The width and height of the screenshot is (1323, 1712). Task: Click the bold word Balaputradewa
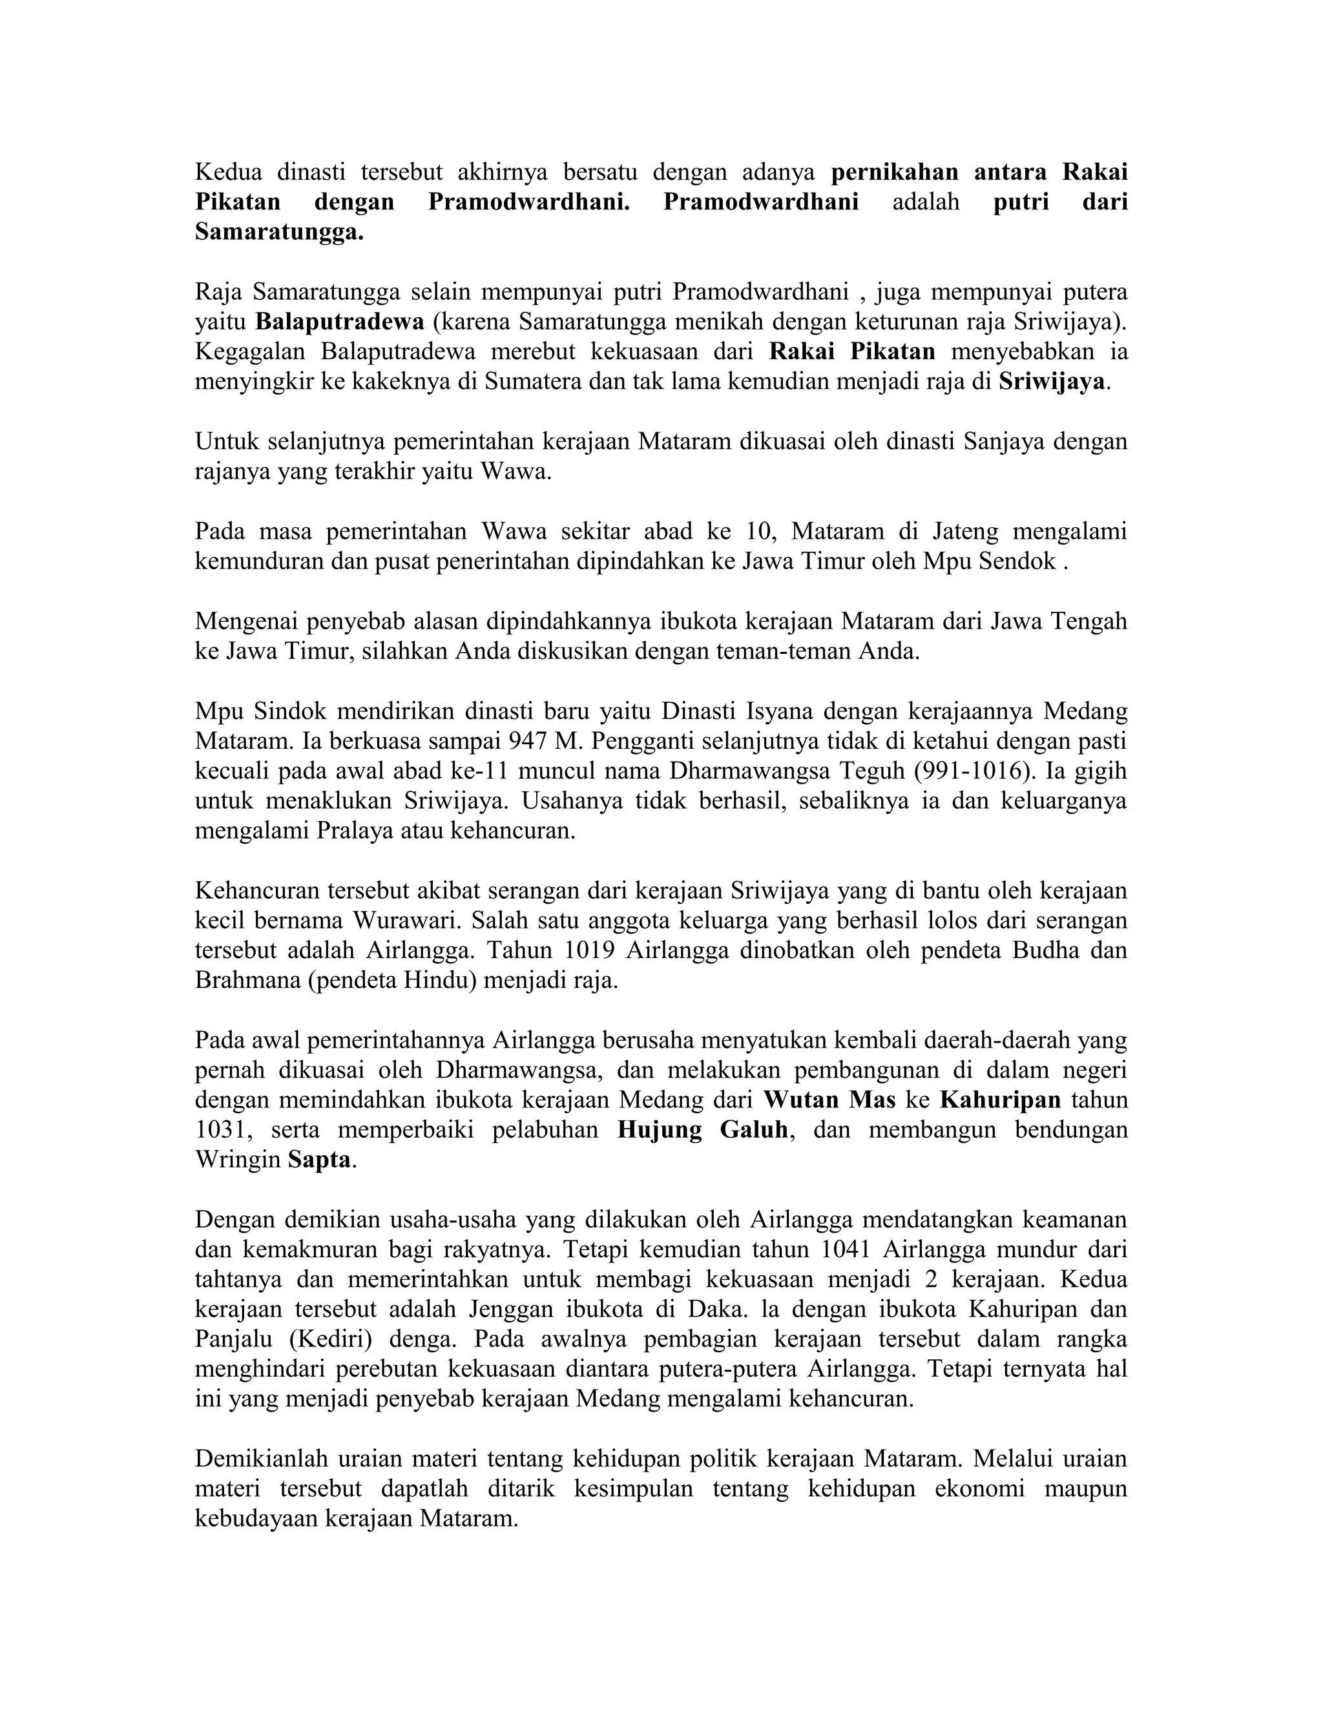point(340,321)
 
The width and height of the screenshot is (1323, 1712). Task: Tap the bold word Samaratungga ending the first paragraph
point(279,232)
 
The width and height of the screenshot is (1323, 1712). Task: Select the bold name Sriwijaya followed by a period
point(1051,382)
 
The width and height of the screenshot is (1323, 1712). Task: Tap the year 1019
point(587,950)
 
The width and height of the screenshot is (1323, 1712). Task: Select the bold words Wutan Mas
point(829,1100)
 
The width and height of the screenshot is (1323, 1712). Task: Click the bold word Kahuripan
point(1000,1100)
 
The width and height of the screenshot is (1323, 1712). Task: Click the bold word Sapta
point(319,1160)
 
